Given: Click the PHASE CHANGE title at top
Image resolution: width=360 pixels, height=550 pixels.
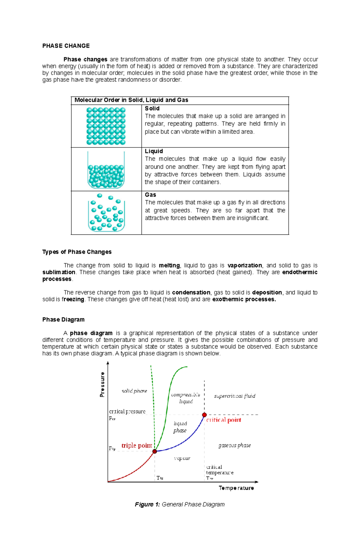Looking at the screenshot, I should tap(66, 46).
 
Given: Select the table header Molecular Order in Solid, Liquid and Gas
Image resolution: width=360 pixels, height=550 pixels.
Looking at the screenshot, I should tap(131, 100).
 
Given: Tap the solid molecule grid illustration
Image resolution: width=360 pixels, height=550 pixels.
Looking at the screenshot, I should tap(106, 126).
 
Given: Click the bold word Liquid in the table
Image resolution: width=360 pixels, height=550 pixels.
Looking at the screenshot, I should tap(154, 151).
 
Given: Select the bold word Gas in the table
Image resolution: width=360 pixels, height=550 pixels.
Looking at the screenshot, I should tap(150, 195).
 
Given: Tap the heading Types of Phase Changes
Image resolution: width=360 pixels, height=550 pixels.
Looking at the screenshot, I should tap(77, 252).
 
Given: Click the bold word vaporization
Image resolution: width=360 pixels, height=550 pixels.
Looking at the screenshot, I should tap(244, 265).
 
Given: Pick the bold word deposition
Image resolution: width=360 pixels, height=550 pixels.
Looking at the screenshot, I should tap(267, 292).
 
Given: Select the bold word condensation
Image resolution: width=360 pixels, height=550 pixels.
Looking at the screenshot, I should tap(191, 292).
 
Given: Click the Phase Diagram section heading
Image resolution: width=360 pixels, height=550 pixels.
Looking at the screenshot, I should tap(63, 320).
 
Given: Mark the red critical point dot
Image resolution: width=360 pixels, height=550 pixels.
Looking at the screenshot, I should tap(204, 415).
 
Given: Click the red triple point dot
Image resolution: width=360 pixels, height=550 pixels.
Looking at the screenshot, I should tap(154, 451).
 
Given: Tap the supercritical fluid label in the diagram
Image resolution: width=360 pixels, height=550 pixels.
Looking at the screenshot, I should tap(234, 396).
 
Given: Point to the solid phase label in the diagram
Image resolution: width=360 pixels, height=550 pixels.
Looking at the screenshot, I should tap(134, 391).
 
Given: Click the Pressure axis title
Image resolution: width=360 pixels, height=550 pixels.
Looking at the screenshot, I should tap(102, 385).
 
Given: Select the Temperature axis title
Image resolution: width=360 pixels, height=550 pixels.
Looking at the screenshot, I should tap(236, 488).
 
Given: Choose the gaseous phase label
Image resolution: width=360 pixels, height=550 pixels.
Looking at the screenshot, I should tap(234, 445).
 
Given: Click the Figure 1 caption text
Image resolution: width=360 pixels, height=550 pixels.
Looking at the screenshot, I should tap(180, 504).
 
